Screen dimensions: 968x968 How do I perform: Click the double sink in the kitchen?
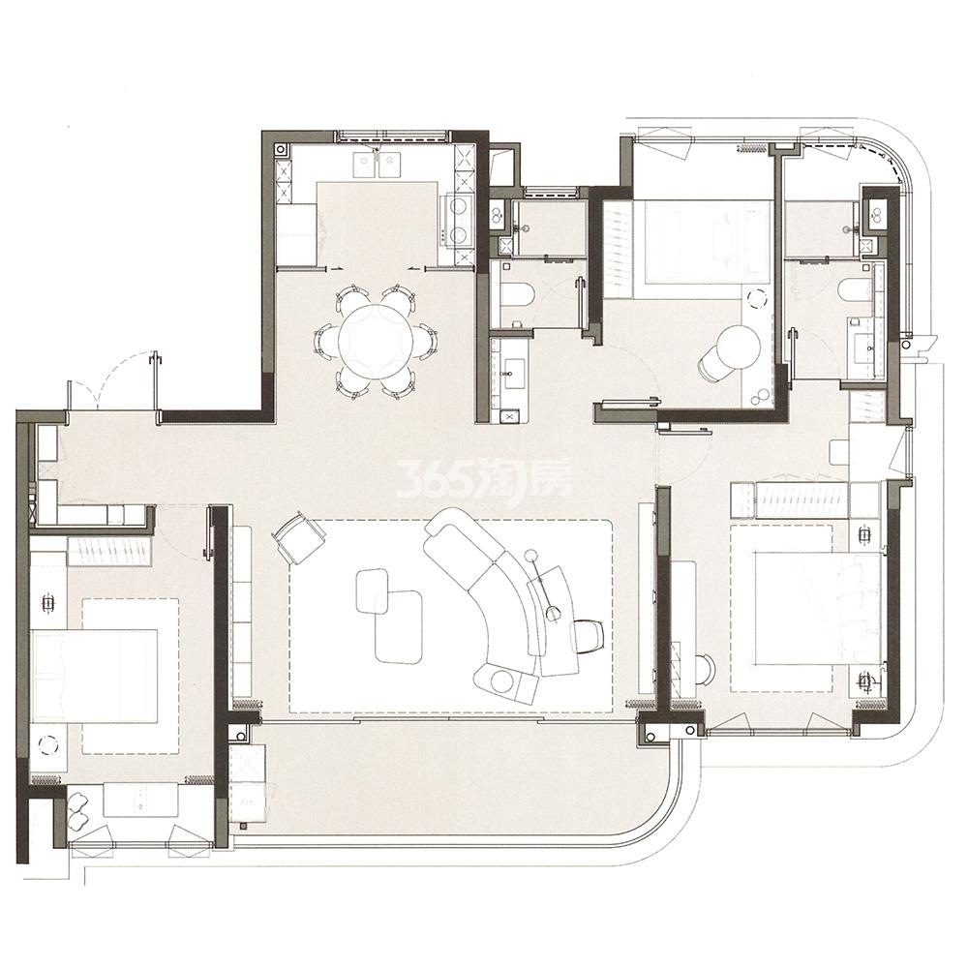tap(377, 162)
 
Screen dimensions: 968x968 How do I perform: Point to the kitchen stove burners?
tap(458, 220)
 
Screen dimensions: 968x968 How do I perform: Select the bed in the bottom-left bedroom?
tap(95, 674)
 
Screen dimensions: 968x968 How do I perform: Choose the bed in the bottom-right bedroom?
tap(819, 608)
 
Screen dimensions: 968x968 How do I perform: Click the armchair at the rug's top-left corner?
tap(297, 536)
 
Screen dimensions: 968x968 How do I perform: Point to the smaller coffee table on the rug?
tap(373, 590)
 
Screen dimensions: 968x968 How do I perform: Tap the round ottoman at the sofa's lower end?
tap(501, 681)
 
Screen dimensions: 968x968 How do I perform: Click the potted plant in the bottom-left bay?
tap(78, 810)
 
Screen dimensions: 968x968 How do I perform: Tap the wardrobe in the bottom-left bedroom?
tap(108, 551)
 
